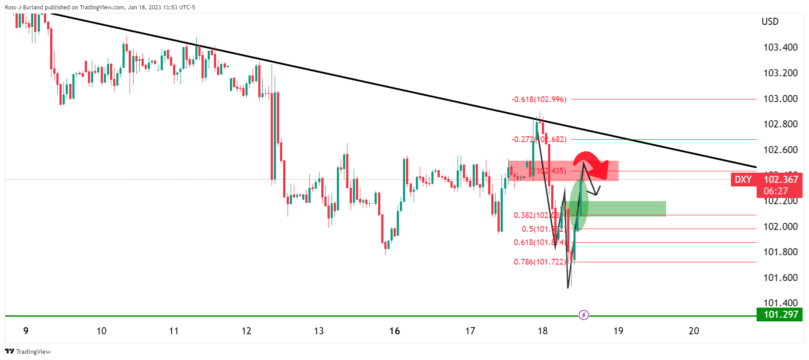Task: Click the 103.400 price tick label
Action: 780,47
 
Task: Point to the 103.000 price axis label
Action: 780,99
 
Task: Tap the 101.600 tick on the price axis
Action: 780,278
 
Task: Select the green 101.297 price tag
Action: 780,315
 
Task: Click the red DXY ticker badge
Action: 743,180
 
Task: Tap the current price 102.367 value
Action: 781,179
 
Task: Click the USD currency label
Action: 770,22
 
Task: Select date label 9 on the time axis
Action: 26,331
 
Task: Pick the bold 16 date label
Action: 395,331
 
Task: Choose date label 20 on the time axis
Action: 694,331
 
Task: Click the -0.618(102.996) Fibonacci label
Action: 539,99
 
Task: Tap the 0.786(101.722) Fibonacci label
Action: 540,262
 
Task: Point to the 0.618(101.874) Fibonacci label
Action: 540,242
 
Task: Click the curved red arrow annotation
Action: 590,162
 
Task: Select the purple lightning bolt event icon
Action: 584,315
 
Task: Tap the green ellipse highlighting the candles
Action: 579,205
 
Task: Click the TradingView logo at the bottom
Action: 28,352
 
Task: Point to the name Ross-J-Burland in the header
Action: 24,7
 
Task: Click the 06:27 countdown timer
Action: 776,191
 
